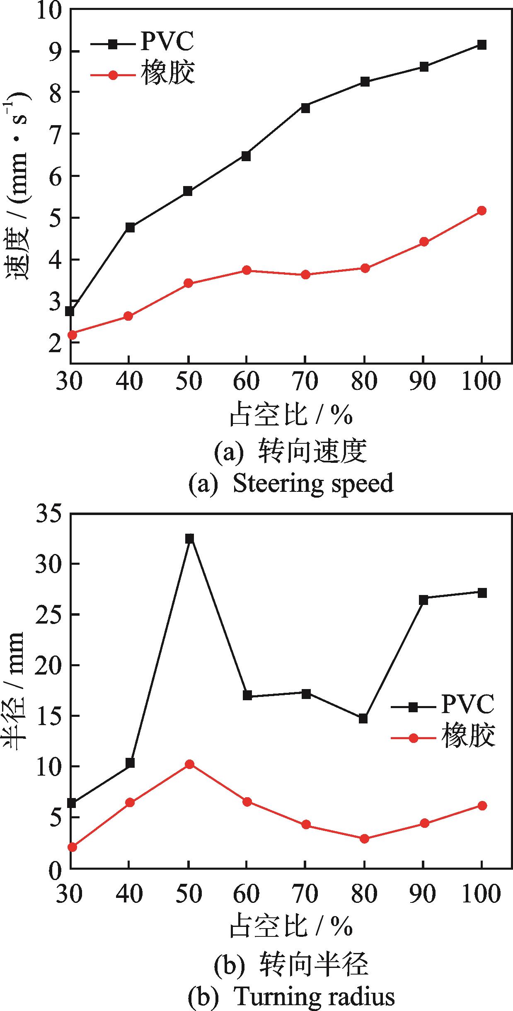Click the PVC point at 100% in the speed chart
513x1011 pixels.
tap(482, 45)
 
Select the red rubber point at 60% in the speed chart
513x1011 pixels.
tap(247, 270)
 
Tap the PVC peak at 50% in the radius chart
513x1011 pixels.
tap(190, 539)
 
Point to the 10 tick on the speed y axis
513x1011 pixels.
tap(49, 9)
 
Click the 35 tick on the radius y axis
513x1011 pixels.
tap(49, 515)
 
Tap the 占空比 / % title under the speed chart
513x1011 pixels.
tap(291, 415)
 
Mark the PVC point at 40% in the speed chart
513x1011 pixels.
tap(130, 227)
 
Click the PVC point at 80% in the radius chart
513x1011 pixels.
tap(363, 718)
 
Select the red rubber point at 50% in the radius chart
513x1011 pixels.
tap(190, 764)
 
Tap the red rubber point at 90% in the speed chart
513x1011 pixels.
tap(423, 242)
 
